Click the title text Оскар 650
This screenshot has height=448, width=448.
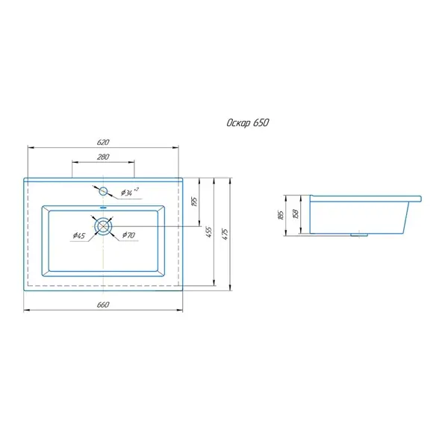248,123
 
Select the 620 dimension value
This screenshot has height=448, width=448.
103,142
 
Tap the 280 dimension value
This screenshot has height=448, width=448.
103,157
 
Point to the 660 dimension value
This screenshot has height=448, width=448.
103,305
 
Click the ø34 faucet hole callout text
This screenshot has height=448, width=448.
129,192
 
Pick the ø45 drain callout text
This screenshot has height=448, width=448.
79,235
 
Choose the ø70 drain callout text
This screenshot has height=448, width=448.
128,235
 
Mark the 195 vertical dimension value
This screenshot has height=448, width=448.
194,202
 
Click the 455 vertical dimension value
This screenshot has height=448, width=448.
209,232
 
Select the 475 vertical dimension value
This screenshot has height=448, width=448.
225,234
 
